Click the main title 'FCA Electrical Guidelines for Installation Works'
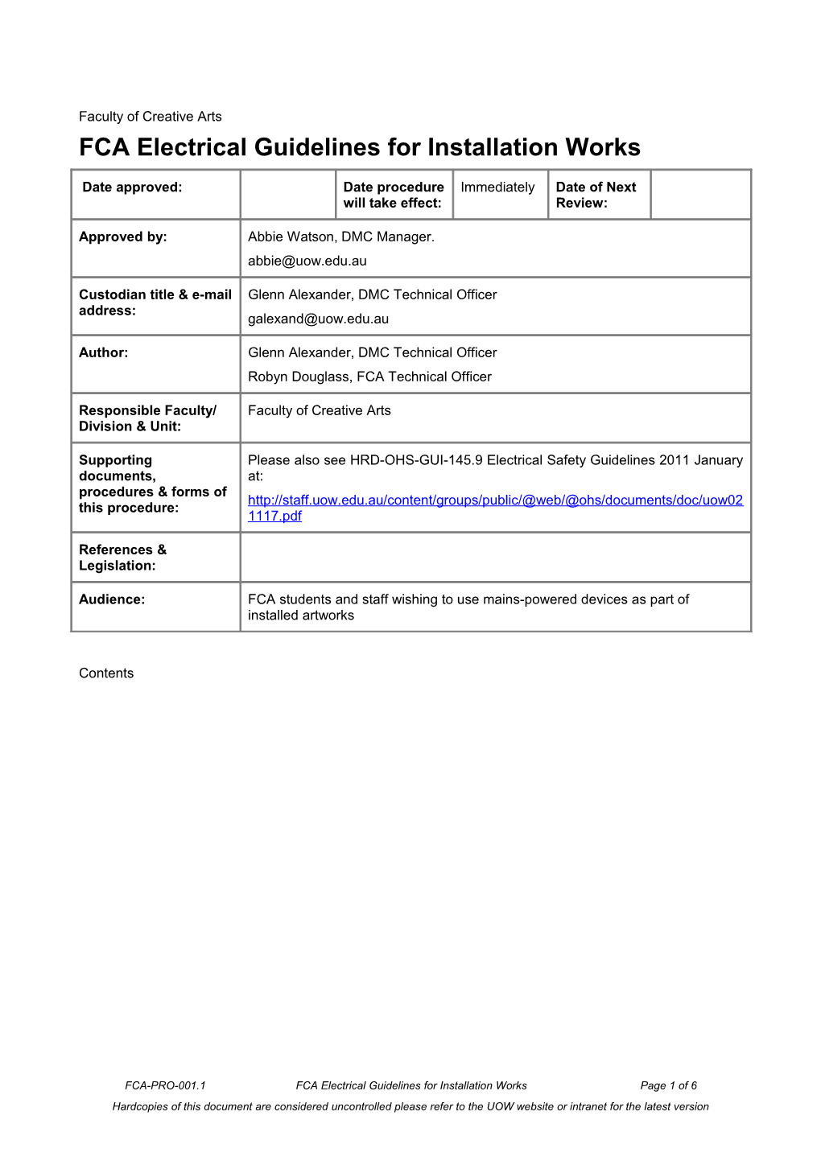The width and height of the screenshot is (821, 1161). [359, 147]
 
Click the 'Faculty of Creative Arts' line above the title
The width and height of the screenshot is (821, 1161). [150, 117]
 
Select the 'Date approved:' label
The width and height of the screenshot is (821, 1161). [132, 187]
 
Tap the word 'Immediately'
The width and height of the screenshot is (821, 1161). [497, 187]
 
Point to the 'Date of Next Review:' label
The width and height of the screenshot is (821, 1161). [596, 195]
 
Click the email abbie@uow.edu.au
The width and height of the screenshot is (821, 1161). [307, 261]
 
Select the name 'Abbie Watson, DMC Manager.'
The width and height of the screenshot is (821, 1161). [340, 237]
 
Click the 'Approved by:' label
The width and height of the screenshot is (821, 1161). [122, 237]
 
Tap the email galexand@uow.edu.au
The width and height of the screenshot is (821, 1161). [318, 319]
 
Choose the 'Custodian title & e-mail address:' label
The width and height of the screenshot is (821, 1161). [155, 303]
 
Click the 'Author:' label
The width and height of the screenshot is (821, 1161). [103, 352]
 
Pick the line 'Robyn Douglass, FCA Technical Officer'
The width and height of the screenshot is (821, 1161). [369, 377]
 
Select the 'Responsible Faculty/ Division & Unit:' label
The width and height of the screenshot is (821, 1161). [147, 418]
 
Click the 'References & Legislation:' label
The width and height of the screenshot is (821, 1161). [122, 558]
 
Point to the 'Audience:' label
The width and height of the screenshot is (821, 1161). [112, 599]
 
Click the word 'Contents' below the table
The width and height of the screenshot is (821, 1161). [106, 673]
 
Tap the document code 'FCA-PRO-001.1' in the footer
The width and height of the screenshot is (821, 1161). [165, 1085]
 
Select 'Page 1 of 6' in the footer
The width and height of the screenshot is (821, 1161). [668, 1085]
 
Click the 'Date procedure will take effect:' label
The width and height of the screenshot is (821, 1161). [393, 195]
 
